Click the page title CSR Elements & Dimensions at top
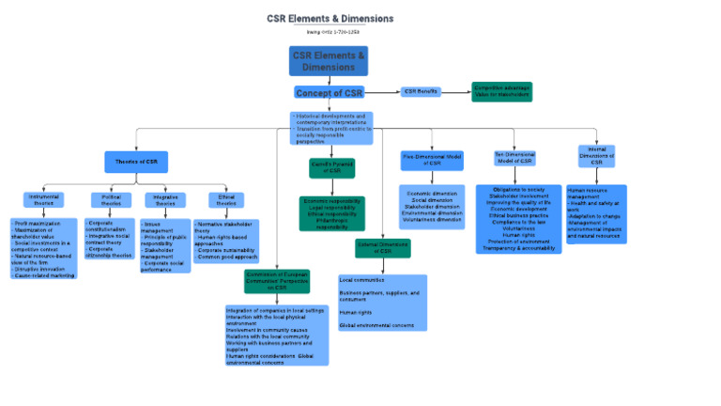click(330, 19)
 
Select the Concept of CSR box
click(329, 93)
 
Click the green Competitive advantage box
click(502, 91)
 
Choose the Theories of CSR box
click(136, 162)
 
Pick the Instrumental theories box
click(43, 200)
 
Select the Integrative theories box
click(165, 200)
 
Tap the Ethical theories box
click(226, 200)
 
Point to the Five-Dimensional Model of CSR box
click(432, 160)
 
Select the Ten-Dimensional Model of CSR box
click(515, 158)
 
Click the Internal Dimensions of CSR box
click(596, 156)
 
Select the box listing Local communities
click(382, 302)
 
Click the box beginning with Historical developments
click(331, 129)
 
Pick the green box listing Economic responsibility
click(331, 213)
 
